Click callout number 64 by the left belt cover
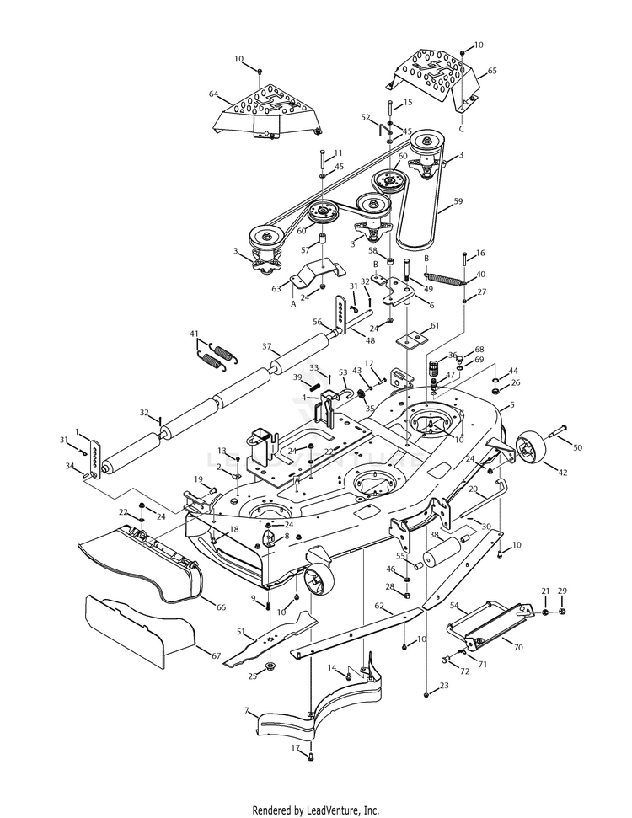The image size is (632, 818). coord(213,94)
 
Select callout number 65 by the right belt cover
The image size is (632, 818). coord(492,72)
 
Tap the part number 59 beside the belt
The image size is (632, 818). coord(458,201)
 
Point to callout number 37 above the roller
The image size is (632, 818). coord(266,346)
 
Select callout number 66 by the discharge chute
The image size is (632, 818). coord(222,607)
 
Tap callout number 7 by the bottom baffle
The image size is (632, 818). coord(248,711)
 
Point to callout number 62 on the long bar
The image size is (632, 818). coord(379,605)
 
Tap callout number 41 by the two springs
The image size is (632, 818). coord(195,334)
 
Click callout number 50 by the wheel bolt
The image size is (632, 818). coord(577,446)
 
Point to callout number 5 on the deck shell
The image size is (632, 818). coord(510,406)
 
